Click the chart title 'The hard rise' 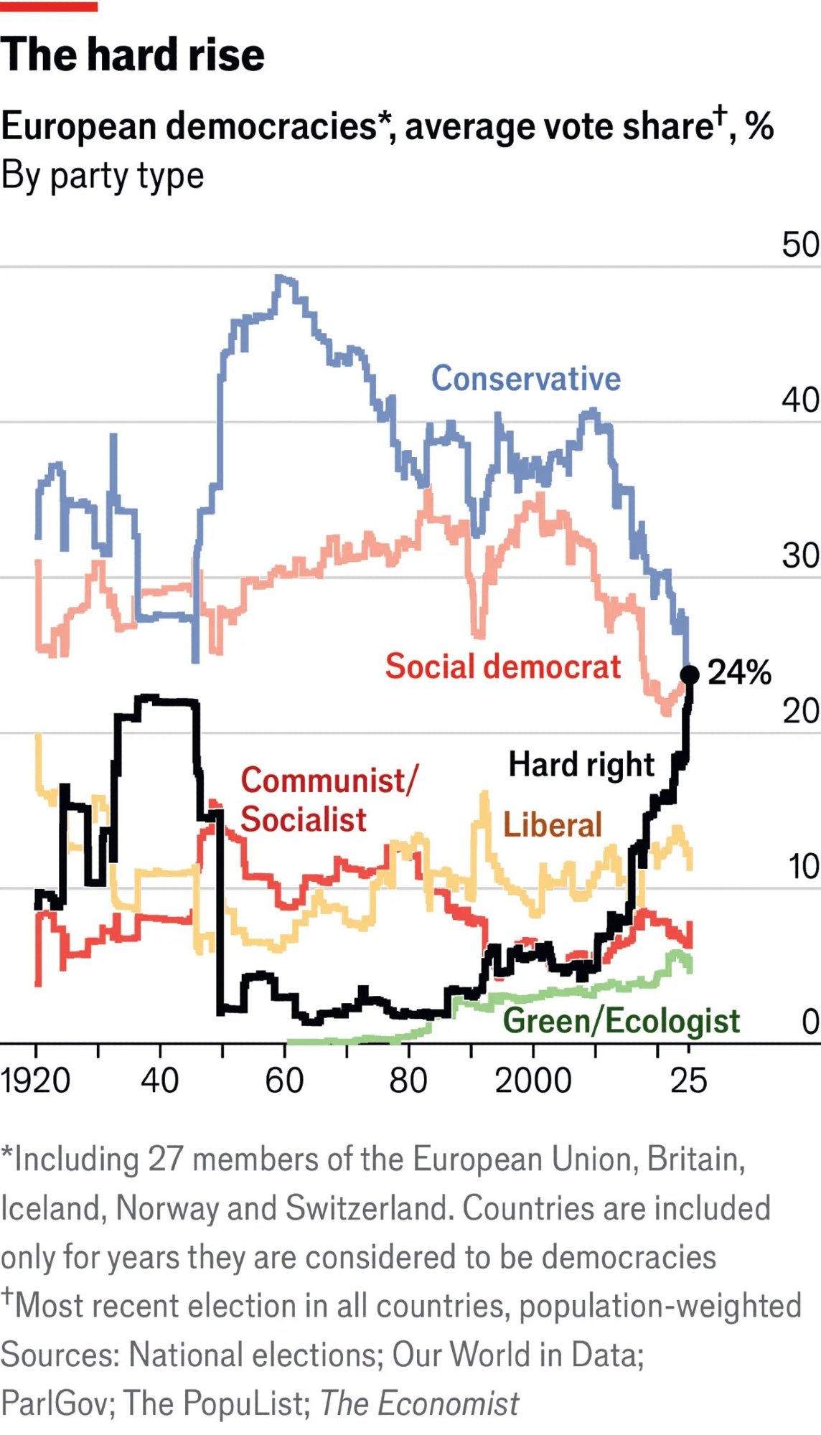pos(133,55)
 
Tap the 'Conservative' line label pos(525,379)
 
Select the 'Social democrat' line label pos(502,667)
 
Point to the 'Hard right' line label pos(581,765)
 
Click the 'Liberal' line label pos(552,825)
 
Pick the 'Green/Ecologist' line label pos(621,1021)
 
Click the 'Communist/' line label pos(328,781)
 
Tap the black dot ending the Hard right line pos(689,674)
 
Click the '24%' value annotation pos(739,673)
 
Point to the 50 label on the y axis pos(800,245)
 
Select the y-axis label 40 pos(800,400)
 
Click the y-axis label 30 pos(800,556)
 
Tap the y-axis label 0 pos(810,1022)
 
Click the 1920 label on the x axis pos(36,1081)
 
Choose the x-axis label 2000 pos(533,1081)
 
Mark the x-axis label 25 pos(689,1081)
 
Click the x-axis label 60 pos(284,1081)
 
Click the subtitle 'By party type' pos(103,176)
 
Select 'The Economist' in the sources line pos(419,1403)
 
